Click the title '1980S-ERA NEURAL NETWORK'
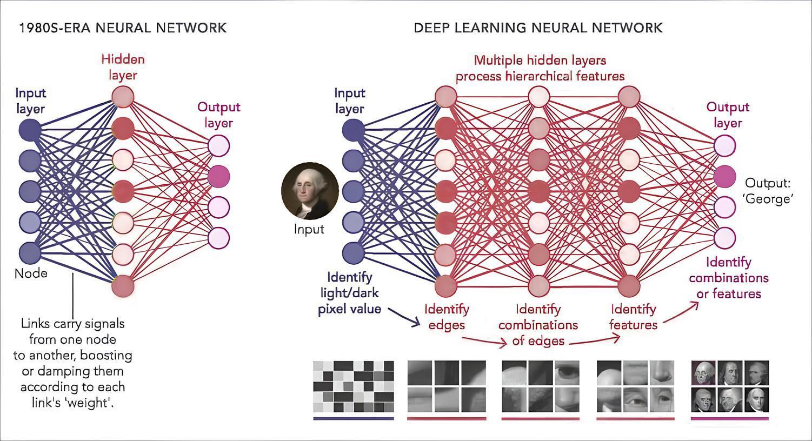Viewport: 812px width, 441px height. click(x=123, y=28)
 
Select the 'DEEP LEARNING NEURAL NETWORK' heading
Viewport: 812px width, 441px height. click(x=538, y=28)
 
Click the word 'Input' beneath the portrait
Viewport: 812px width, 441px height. click(x=309, y=229)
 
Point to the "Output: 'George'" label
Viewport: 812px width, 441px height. click(x=768, y=190)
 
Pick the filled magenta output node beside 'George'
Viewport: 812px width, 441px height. click(x=724, y=176)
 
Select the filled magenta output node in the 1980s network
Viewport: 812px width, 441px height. click(x=219, y=176)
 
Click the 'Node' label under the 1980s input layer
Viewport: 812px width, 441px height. click(x=31, y=273)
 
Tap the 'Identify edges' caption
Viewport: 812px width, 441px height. click(x=447, y=317)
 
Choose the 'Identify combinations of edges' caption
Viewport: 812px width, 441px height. click(x=538, y=325)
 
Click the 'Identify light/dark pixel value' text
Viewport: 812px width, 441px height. click(x=349, y=293)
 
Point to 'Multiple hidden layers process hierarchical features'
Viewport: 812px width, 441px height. click(x=540, y=68)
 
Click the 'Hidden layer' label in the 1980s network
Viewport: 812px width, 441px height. click(x=123, y=67)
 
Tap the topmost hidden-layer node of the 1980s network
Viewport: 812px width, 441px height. click(x=123, y=97)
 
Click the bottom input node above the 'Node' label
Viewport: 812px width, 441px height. click(x=30, y=252)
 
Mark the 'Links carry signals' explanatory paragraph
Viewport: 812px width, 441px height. click(x=73, y=363)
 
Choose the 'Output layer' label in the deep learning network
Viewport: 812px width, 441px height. click(x=727, y=115)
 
